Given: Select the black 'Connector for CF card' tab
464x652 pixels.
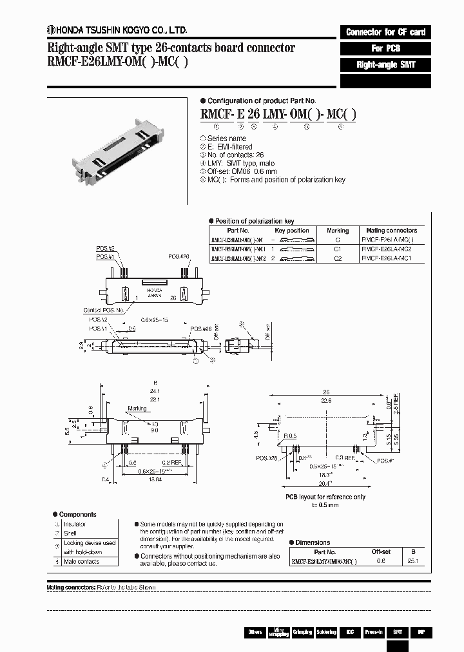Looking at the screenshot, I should point(385,32).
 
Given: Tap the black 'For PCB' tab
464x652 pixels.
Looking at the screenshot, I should point(385,48).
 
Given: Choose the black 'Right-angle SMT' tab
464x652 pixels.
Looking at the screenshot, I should point(385,65).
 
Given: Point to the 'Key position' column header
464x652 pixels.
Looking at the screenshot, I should point(291,230).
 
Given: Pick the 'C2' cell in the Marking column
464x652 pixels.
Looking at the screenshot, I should point(338,258).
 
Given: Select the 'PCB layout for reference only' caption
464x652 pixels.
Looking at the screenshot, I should point(325,497).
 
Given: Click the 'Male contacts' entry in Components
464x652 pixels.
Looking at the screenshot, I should point(81,561).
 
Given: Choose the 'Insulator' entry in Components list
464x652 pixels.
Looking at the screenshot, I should point(74,524).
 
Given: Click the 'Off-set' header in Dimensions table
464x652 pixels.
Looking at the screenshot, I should point(381,552).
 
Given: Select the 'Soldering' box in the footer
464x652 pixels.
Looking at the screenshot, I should point(325,633).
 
